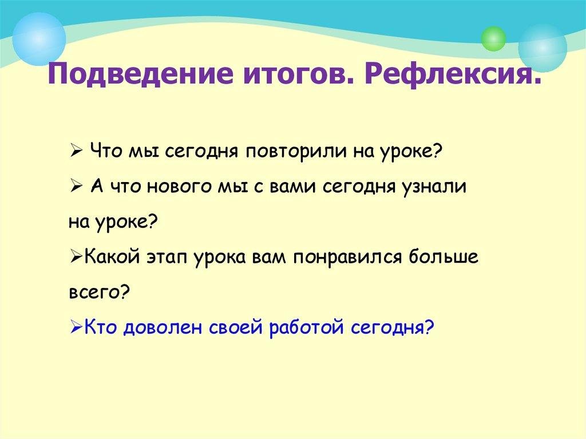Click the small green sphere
coord(493,38)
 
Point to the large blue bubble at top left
coord(39,39)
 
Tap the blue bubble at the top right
coord(543,48)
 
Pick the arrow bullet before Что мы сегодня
coord(78,151)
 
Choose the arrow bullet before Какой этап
coord(77,258)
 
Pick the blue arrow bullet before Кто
coord(77,328)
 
